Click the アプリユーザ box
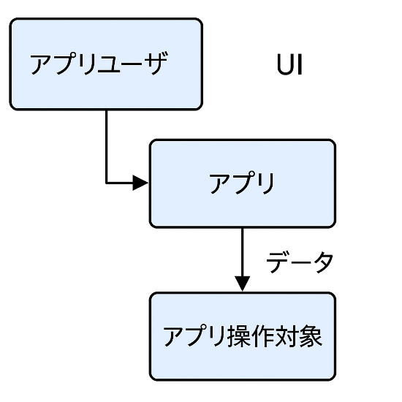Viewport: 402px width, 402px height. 106,64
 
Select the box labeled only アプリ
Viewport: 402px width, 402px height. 243,183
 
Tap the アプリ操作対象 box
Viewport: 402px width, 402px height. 243,336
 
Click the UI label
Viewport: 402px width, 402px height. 290,64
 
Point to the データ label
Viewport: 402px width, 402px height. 300,262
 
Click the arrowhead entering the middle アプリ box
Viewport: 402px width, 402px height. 140,183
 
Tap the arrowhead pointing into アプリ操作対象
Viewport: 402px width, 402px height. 242,284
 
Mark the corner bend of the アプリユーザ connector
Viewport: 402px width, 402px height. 107,183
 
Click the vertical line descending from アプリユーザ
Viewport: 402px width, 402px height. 107,146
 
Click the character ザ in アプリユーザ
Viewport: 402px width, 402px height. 156,63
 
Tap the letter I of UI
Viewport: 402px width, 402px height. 300,64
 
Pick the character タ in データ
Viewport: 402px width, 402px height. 322,262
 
